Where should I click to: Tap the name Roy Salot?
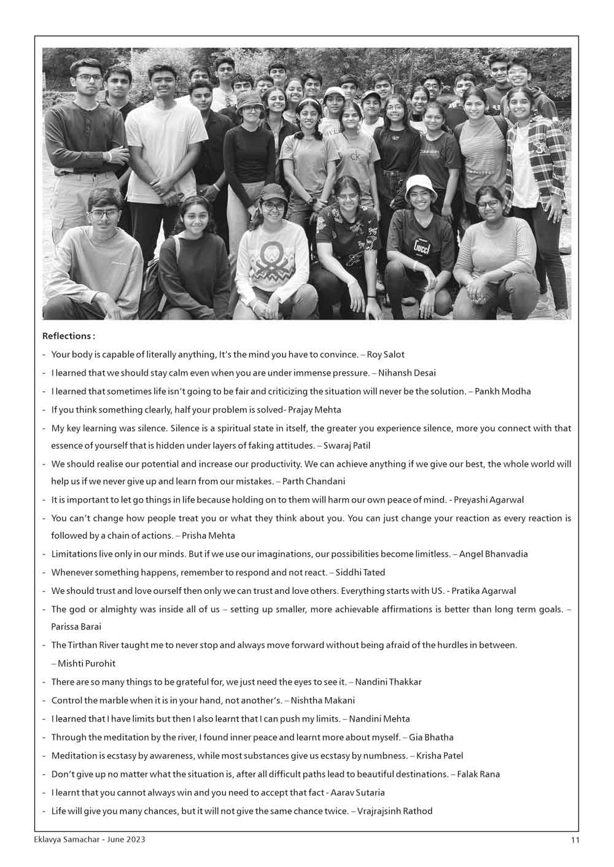click(386, 355)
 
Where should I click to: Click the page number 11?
click(574, 840)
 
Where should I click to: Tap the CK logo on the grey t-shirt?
click(355, 157)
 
